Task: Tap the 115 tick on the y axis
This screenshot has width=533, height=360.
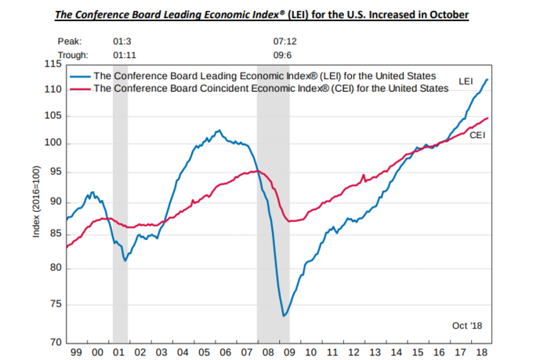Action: [x=53, y=64]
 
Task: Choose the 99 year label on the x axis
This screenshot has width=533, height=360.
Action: [x=75, y=352]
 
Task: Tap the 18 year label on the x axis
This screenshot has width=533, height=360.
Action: [x=483, y=352]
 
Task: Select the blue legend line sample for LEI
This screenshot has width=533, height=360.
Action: [x=78, y=77]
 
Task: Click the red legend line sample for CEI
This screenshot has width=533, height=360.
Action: [x=78, y=89]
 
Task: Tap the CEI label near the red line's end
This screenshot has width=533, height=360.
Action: [x=477, y=136]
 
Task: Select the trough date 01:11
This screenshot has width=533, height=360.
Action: [x=125, y=55]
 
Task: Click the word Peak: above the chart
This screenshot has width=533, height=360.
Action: [x=68, y=40]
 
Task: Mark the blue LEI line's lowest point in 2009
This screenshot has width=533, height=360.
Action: [x=284, y=316]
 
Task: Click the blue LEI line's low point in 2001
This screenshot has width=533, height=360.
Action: [x=126, y=260]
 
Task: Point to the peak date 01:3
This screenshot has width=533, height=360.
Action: [x=122, y=40]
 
